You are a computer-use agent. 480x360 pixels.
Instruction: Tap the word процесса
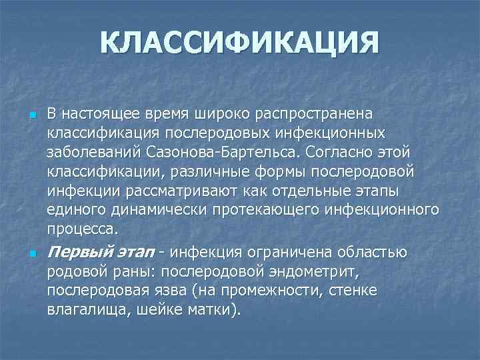[x=82, y=229]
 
